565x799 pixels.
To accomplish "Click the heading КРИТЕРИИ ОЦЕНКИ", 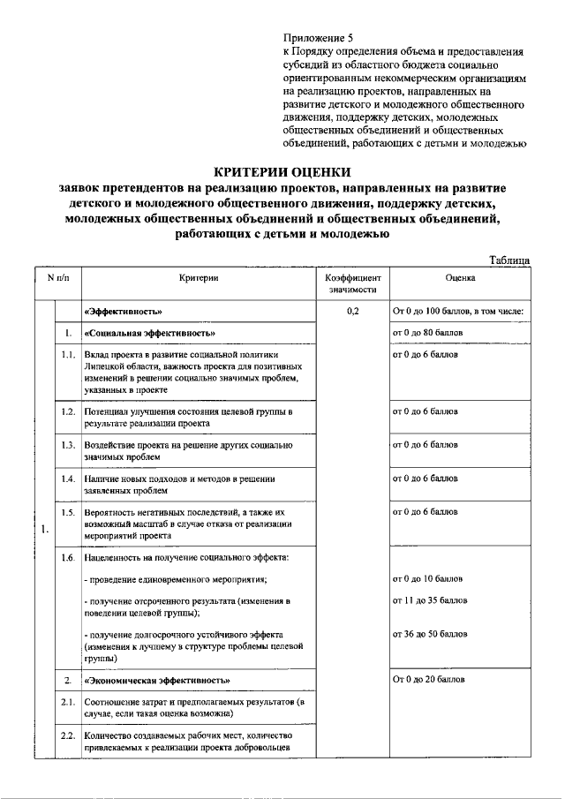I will click(283, 171).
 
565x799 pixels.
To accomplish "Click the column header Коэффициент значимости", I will click(353, 283).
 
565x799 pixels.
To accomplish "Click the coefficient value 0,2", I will click(353, 312).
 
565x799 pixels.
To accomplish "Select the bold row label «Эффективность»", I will click(122, 312).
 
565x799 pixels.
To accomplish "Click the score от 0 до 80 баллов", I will click(427, 333).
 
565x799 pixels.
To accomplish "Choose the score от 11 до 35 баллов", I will click(429, 601).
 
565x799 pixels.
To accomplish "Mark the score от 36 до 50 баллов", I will click(429, 634).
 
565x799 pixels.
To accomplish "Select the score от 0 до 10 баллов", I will click(427, 579).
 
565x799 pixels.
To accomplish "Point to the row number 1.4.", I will click(67, 479).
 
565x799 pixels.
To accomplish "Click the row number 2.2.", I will click(67, 735).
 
